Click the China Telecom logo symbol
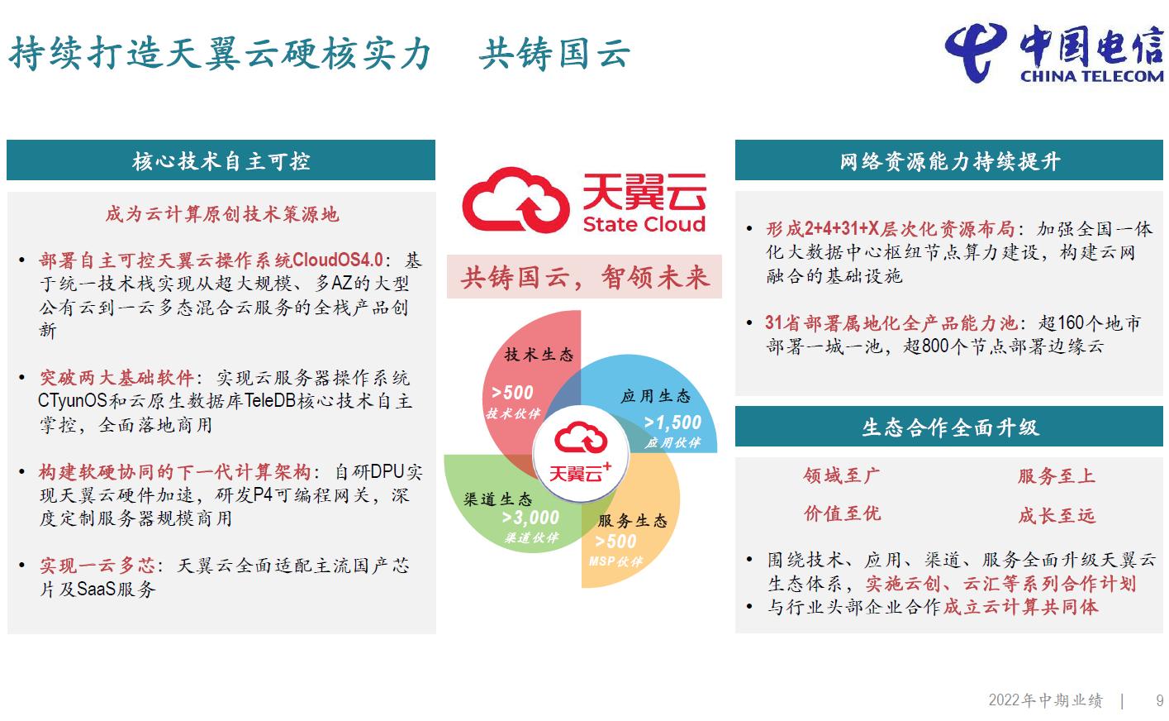(x=975, y=52)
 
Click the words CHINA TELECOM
(x=1092, y=76)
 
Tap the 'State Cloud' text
(x=644, y=224)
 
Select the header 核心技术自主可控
(x=221, y=161)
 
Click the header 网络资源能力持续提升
(x=950, y=161)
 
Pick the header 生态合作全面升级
(x=950, y=427)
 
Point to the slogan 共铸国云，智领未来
(x=585, y=277)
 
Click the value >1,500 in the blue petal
(x=672, y=423)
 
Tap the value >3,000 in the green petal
(x=530, y=518)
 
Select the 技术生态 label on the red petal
(x=539, y=355)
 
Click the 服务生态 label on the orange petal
(x=633, y=520)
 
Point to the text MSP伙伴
(x=615, y=561)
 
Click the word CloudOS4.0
(x=338, y=260)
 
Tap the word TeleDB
(x=270, y=401)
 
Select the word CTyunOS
(x=73, y=401)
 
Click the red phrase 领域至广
(x=842, y=475)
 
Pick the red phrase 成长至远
(x=1057, y=515)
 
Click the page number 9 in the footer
(x=1159, y=700)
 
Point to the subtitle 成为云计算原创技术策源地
(x=221, y=213)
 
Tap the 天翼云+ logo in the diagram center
(x=580, y=453)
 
